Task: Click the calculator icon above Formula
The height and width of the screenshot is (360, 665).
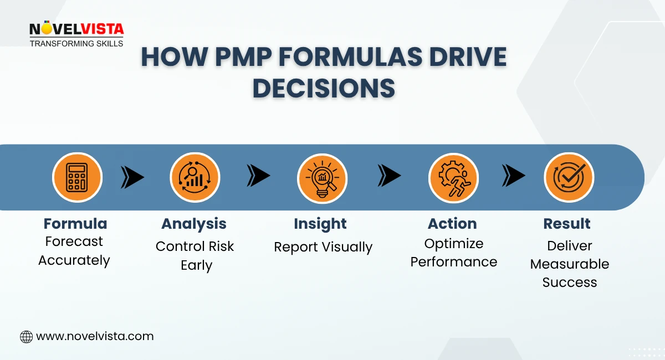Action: coord(77,178)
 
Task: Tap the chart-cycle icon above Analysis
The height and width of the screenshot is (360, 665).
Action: coord(195,178)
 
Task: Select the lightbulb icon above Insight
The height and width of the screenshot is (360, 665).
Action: coord(322,178)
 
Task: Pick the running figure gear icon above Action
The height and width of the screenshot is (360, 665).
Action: coord(453,178)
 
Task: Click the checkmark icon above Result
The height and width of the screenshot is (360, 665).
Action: coord(569,178)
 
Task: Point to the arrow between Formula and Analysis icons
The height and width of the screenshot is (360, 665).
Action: coord(132,177)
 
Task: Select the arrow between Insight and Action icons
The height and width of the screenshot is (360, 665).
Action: coord(389,176)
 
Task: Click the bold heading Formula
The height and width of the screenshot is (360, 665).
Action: coord(75,224)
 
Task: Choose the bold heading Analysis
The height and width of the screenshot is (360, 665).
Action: coord(194,224)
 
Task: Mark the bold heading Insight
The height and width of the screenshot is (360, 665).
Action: coord(320,224)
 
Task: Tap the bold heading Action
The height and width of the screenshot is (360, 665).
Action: coord(452,224)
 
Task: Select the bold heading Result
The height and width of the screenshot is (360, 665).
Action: coord(567,224)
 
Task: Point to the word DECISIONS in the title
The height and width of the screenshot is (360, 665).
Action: coord(324,89)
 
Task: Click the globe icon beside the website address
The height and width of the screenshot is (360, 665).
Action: coord(26,336)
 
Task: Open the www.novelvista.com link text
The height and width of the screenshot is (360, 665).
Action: coord(95,336)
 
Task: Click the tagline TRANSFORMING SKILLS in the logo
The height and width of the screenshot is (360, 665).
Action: coord(76,43)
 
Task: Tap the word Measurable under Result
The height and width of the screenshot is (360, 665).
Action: coord(570,264)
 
